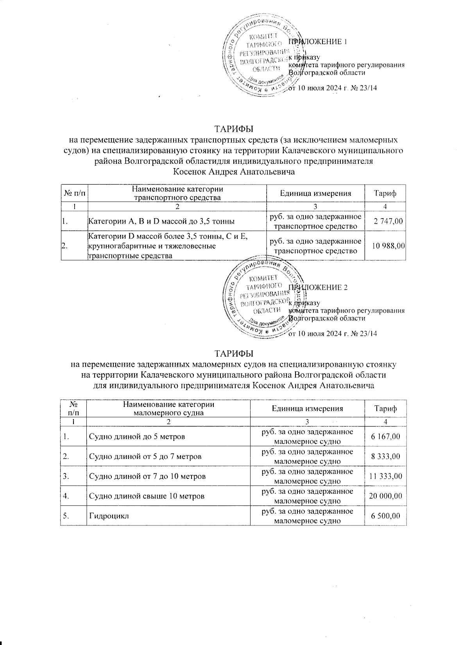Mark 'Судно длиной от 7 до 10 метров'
tap(148, 476)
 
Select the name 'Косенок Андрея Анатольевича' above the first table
tap(234, 171)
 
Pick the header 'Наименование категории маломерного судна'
tap(168, 408)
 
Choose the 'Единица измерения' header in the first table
tap(315, 193)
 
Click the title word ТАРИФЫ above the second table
tap(234, 354)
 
